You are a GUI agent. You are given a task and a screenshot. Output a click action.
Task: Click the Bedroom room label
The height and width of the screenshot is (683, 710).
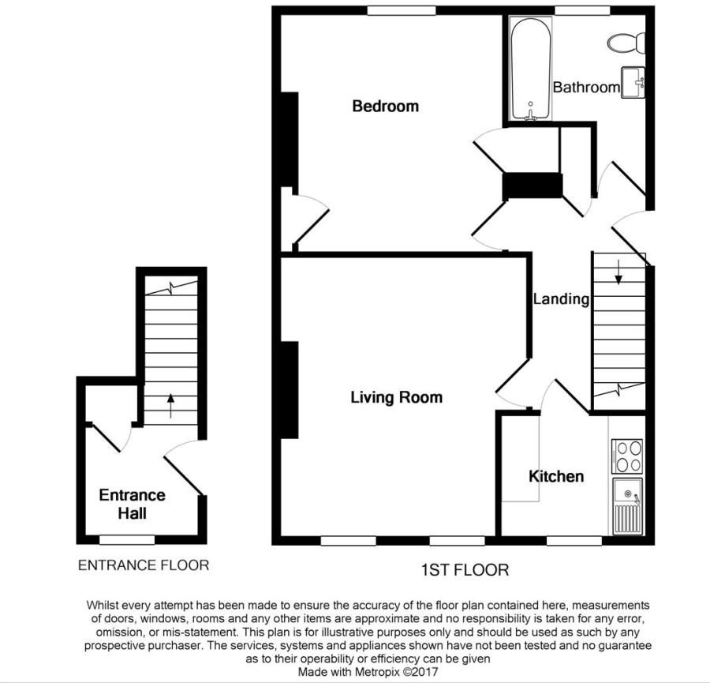385,106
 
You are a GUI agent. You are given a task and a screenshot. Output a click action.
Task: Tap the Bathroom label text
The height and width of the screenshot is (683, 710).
585,87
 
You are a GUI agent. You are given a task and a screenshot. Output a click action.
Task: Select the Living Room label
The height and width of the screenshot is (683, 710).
396,397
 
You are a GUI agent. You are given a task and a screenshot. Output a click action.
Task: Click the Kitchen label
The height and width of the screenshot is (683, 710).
556,476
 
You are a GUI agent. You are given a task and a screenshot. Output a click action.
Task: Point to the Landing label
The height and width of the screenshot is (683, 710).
561,299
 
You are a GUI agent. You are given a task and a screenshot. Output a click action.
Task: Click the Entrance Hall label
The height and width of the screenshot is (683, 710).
132,504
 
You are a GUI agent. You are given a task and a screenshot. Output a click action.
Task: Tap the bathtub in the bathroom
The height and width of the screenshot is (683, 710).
530,69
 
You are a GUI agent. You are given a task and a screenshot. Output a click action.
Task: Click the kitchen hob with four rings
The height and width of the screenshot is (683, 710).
627,456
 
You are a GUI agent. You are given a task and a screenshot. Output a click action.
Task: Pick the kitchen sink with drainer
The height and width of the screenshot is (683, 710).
627,506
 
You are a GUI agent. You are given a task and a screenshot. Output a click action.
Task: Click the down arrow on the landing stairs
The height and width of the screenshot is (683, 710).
618,272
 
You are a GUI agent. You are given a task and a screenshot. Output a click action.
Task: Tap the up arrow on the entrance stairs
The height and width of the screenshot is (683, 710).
170,406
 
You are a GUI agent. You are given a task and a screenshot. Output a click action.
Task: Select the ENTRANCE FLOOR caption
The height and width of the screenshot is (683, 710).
143,565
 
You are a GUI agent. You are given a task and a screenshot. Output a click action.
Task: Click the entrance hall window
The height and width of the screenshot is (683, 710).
126,540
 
